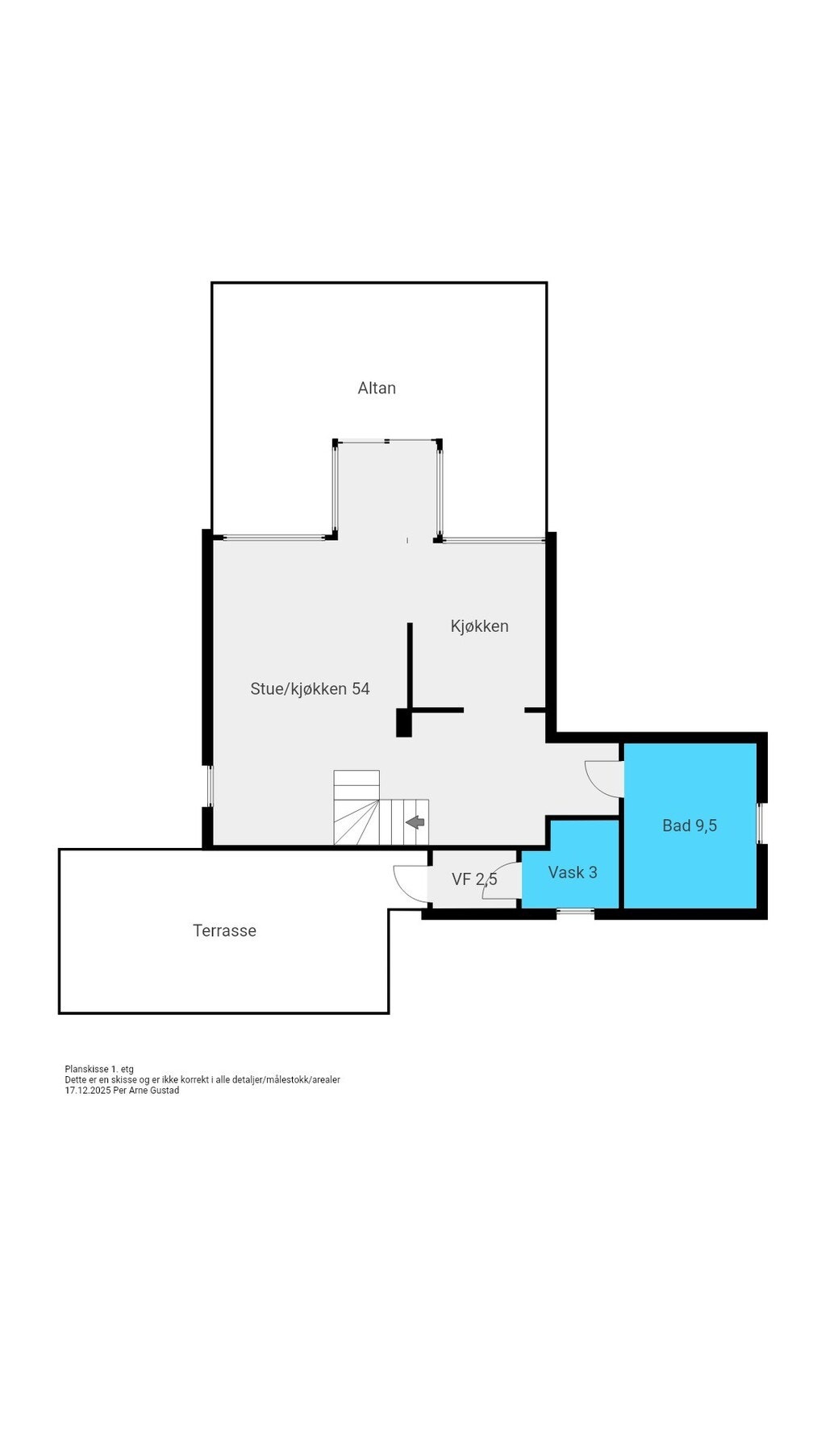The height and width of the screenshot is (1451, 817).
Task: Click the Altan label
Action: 377,388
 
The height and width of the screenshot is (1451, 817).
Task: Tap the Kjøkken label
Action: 479,626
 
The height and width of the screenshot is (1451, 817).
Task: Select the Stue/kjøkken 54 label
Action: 310,688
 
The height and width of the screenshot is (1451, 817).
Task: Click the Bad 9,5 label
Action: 689,825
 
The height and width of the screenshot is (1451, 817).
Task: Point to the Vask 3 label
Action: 572,872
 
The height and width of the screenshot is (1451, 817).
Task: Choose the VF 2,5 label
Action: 473,879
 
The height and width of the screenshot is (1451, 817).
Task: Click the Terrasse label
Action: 224,930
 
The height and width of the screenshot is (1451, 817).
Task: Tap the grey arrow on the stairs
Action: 415,822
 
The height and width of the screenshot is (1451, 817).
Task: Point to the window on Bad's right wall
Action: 759,823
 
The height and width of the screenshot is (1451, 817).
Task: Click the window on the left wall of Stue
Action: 209,786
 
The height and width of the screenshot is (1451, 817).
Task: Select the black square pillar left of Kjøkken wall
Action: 404,722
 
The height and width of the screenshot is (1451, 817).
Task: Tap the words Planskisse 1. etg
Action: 99,1070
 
